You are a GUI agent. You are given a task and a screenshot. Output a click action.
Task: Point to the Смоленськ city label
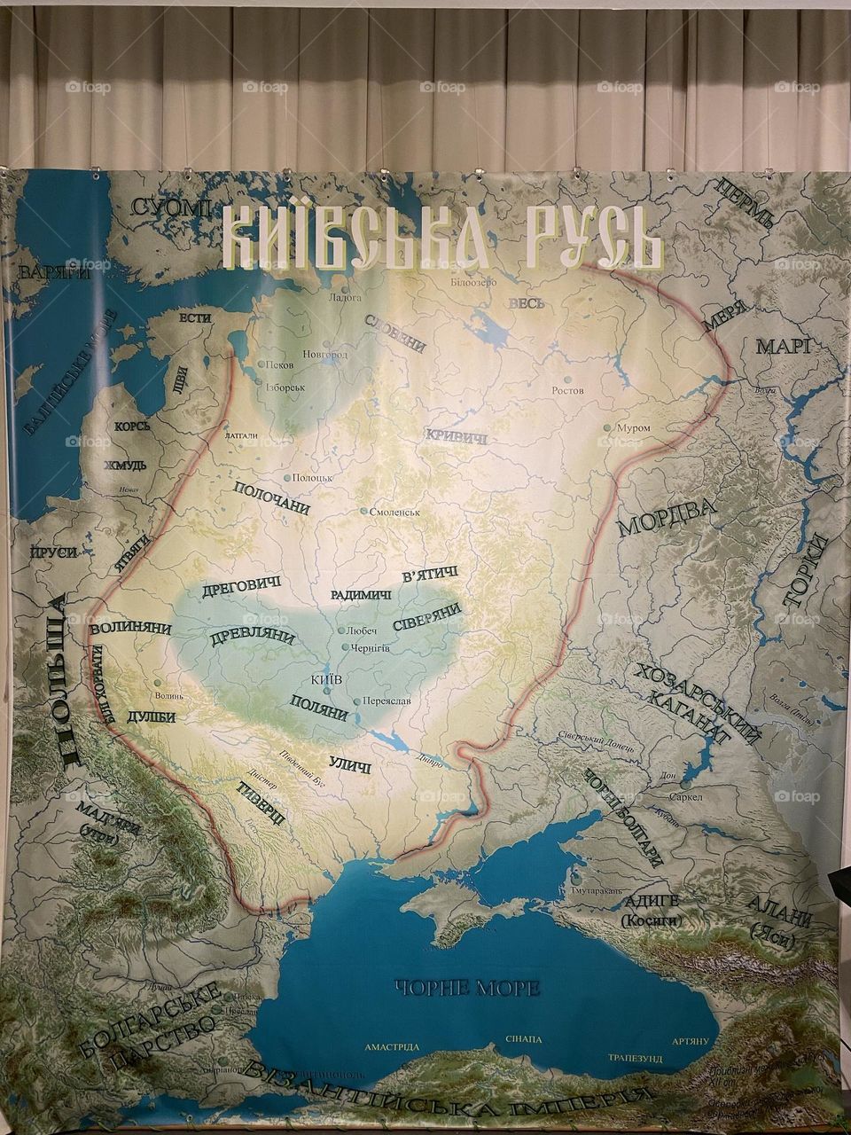click(395, 513)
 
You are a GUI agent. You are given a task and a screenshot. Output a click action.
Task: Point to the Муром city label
click(633, 428)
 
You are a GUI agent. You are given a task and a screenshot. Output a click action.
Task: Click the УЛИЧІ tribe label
click(349, 763)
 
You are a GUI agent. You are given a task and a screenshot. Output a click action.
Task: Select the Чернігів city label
click(372, 648)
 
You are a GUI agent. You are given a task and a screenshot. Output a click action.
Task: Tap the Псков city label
click(284, 364)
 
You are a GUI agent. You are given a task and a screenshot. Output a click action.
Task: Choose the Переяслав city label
click(389, 701)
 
